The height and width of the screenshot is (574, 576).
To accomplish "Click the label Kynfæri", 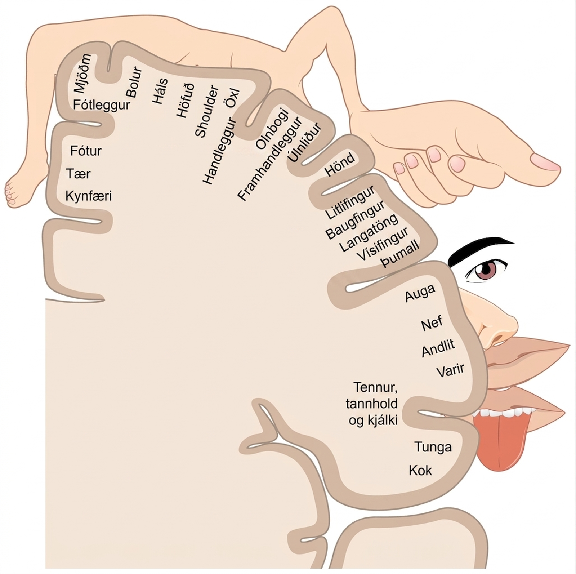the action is click(89, 196).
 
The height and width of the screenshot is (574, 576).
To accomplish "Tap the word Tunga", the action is click(433, 447).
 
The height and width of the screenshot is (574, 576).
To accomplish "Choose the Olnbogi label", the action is click(273, 128).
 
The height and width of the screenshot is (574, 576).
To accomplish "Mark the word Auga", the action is click(420, 293).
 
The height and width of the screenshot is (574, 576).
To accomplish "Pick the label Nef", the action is click(432, 323).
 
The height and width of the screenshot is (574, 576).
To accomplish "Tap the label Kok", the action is click(420, 470).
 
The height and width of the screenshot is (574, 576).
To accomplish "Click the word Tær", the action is click(78, 174).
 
